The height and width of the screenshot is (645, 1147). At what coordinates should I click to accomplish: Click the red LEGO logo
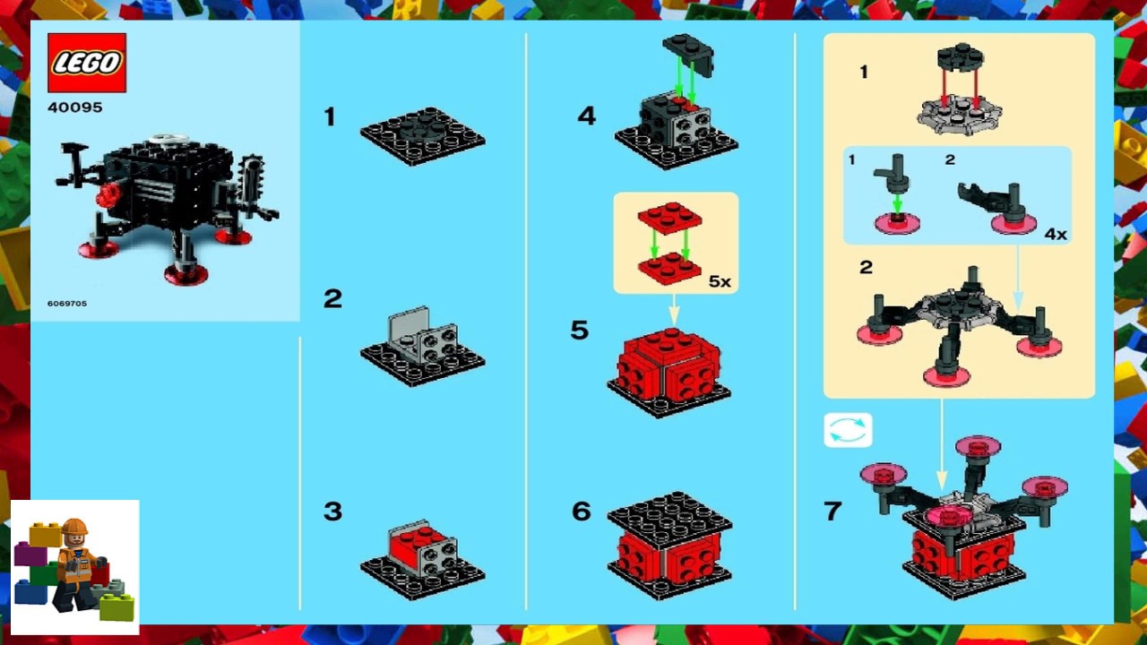(x=87, y=63)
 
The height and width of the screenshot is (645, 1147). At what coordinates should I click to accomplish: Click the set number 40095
(x=75, y=107)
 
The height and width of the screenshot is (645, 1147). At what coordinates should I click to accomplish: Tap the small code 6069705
(x=67, y=304)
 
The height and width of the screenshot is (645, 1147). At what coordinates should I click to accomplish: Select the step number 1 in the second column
(x=330, y=116)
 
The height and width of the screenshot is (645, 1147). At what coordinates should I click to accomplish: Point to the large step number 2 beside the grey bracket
(x=332, y=299)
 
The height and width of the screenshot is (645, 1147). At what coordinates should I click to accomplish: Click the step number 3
(x=332, y=512)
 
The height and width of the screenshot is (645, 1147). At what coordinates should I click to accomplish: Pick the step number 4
(x=586, y=116)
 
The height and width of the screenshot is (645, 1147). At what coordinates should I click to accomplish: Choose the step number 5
(x=580, y=331)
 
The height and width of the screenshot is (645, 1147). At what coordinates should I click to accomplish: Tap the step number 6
(x=581, y=512)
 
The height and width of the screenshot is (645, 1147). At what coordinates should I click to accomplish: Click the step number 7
(x=832, y=512)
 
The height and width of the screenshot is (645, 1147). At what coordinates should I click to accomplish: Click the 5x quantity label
(x=720, y=281)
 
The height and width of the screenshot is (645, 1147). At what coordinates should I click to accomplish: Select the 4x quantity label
(x=1056, y=234)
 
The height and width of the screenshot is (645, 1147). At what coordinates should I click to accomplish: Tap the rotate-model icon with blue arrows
(x=848, y=430)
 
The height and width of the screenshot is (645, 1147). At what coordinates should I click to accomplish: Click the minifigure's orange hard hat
(x=75, y=527)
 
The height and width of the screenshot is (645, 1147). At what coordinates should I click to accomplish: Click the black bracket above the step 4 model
(x=688, y=54)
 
